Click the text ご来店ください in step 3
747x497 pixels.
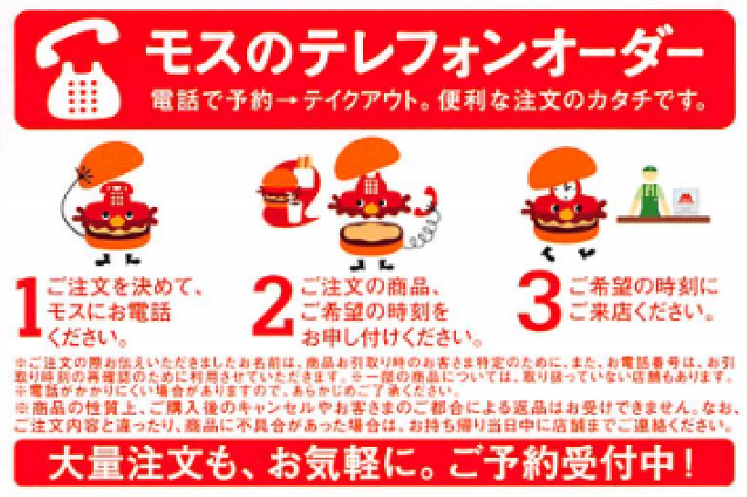(639, 313)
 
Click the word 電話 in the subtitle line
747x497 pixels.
(174, 97)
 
